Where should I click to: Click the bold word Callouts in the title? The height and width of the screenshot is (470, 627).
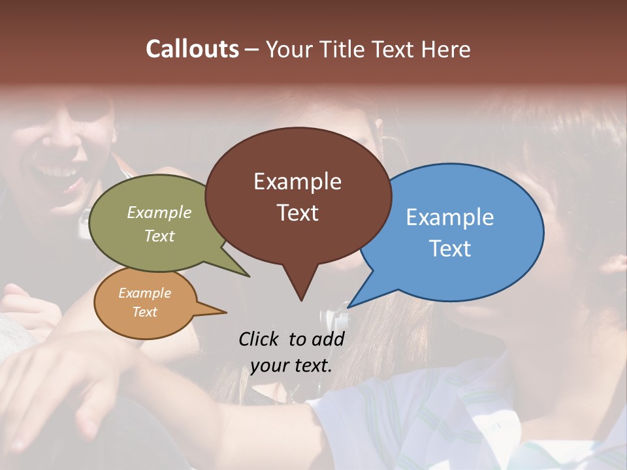point(192,49)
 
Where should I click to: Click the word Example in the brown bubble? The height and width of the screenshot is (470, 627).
point(297,181)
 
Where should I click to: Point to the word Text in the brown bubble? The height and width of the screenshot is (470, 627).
point(297,213)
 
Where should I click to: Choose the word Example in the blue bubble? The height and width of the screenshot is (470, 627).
point(450,217)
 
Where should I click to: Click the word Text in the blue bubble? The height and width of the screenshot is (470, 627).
point(450,249)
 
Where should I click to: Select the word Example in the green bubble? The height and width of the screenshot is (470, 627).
point(159,213)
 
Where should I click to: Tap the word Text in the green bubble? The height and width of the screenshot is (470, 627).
point(159,236)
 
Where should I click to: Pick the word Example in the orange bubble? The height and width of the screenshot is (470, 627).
point(144,293)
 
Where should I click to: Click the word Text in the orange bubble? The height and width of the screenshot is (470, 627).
point(144,312)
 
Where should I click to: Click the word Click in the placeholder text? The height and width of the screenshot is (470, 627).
point(259,339)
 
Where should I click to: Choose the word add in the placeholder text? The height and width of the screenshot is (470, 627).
point(328,339)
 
